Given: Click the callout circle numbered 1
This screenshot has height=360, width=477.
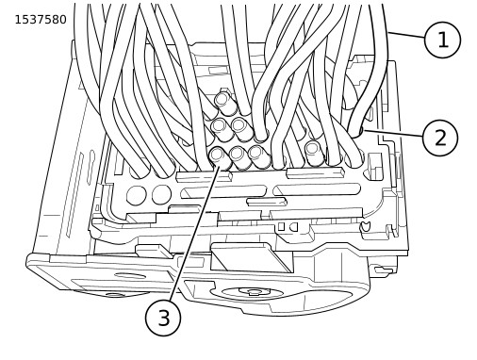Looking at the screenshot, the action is click(442, 40).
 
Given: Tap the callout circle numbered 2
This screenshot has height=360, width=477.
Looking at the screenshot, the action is click(440, 138).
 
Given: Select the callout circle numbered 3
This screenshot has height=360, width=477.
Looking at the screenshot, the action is click(163, 318).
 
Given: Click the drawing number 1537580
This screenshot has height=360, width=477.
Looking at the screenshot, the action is click(41, 20).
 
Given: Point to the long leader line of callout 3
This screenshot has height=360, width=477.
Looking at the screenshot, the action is click(195, 233).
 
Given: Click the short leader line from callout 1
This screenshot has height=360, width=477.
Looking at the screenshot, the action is click(406, 35).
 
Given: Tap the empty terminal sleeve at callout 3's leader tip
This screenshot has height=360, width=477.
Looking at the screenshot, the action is click(220, 157).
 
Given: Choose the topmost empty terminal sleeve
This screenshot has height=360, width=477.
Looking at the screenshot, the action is click(225, 103).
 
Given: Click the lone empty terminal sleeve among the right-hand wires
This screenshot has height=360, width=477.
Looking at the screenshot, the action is click(314, 152).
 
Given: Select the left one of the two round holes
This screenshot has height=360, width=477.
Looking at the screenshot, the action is click(137, 195).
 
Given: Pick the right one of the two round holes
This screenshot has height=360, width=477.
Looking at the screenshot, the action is click(161, 194).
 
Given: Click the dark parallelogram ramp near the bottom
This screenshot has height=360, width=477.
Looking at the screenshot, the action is click(251, 258).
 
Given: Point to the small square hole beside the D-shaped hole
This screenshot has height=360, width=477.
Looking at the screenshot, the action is click(281, 226).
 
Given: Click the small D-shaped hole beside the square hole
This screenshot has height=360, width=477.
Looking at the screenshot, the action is click(293, 227).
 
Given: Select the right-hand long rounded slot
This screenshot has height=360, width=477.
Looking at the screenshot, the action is click(317, 189).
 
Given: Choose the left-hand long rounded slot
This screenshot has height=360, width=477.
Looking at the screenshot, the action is click(223, 191).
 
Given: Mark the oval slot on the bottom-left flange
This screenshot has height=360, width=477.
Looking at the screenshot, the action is click(129, 276).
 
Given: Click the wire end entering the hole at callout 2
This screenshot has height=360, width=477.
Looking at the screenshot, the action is click(355, 132).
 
